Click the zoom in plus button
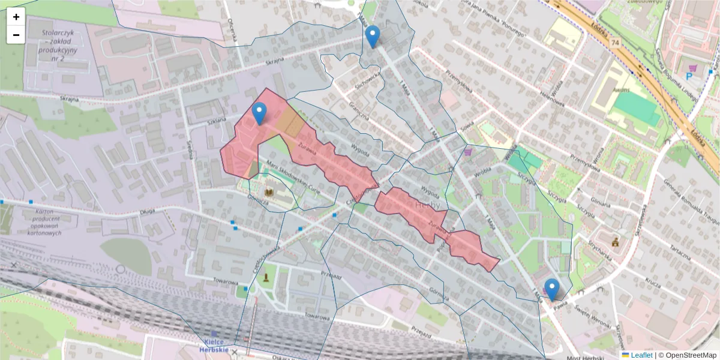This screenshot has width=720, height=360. click(16, 17)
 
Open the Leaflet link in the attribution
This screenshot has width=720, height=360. click(637, 355)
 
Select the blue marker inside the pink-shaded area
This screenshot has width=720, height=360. click(259, 113)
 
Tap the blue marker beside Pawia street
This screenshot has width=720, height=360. click(551, 289)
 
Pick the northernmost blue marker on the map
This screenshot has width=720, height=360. click(373, 37)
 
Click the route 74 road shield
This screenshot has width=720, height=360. click(615, 43)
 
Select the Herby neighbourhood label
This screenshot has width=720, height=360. click(427, 206)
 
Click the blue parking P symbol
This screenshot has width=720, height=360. click(689, 76)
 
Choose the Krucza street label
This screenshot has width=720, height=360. click(653, 280)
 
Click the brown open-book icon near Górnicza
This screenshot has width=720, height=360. click(270, 193)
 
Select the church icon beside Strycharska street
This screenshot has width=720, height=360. click(615, 242)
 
